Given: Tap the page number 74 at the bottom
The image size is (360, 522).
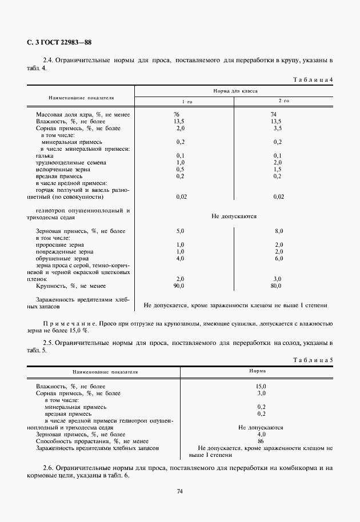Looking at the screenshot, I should tap(179, 491).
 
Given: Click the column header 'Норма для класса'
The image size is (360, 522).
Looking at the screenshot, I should tap(235, 90).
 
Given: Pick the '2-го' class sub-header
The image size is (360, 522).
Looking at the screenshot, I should tap(283, 101).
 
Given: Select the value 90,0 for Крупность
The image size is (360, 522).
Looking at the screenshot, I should tap(179, 286).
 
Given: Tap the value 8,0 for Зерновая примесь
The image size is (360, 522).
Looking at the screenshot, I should tap(278, 231).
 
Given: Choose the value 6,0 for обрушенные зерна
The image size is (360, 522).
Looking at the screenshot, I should tap(278, 258).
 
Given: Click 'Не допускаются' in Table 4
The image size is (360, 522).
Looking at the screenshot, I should tap(234, 216).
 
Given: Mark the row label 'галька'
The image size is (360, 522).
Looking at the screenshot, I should tap(45, 155).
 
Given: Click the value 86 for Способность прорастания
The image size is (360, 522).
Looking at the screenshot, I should tap(261, 441).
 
